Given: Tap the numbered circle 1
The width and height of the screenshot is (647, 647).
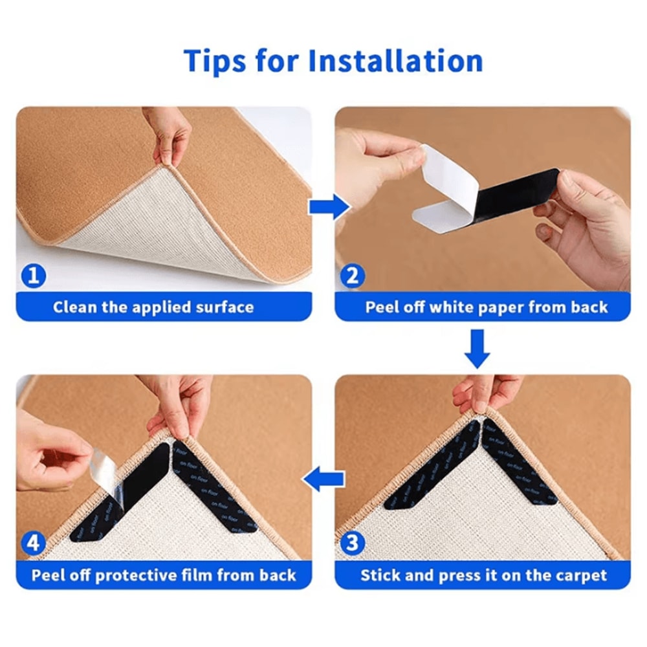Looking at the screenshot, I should click(34, 276).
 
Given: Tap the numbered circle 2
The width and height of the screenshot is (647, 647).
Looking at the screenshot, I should click(352, 276).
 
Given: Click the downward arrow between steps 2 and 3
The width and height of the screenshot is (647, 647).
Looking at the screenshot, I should click(479, 348).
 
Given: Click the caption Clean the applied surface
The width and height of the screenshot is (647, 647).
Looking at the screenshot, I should click(153, 307).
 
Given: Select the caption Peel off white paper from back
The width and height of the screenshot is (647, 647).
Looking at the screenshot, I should click(487, 307).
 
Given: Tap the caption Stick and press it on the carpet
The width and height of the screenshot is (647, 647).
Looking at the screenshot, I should click(484, 575).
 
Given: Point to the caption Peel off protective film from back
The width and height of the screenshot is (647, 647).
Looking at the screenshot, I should click(164, 575).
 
